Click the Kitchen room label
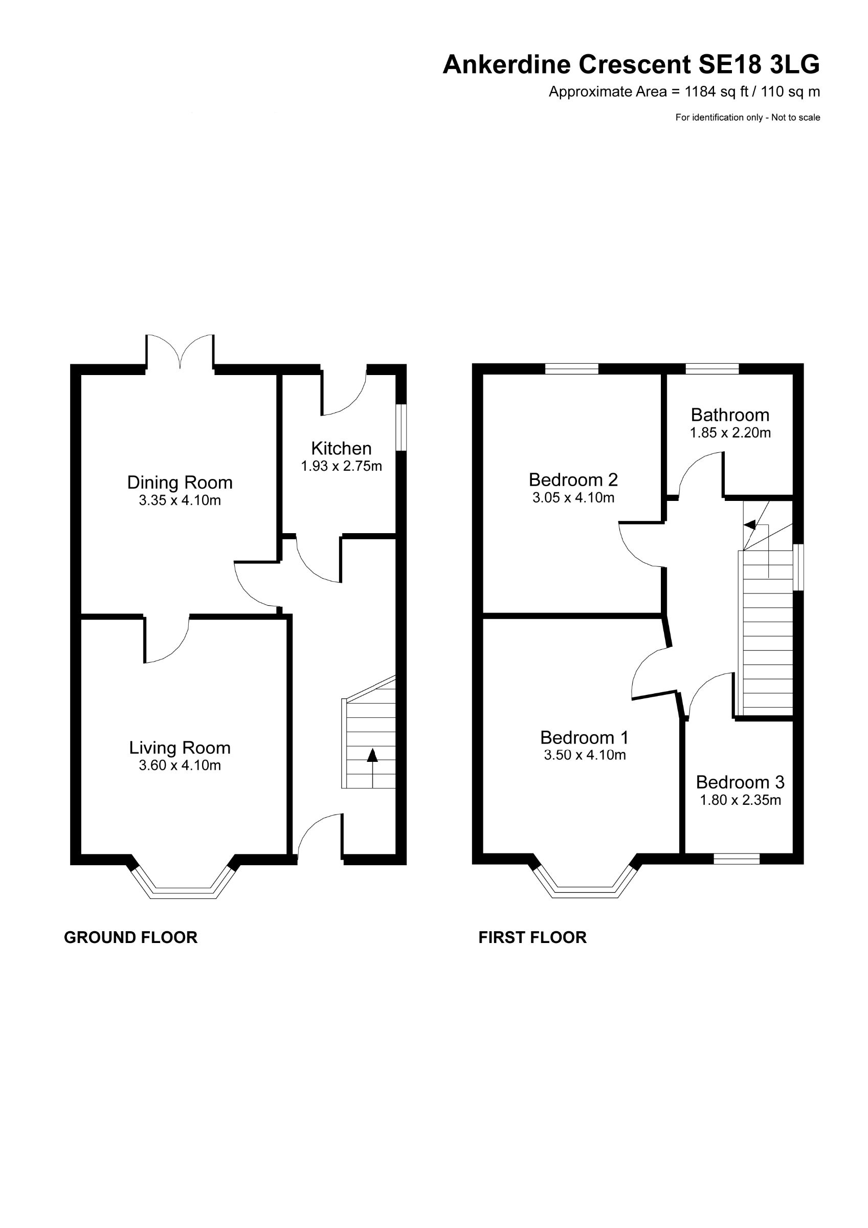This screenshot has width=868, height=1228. pos(341,448)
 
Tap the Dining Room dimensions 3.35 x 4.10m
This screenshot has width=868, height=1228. pos(180,500)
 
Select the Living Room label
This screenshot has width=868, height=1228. pos(180,748)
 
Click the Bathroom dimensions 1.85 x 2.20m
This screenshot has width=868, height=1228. pos(730,433)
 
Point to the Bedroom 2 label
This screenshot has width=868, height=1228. pos(573,479)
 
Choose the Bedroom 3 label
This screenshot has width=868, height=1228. pos(740,782)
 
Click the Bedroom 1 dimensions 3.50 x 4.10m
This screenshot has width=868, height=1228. pos(585,755)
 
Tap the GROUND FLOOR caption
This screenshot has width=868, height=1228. pos(130,937)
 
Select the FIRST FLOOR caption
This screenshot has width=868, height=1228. pos(532,937)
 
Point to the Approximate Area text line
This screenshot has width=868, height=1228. pos(684,92)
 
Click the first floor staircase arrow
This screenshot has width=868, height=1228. pos(751,524)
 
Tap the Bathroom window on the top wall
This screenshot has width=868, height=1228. pos(712,368)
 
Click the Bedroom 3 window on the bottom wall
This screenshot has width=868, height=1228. pos(737,859)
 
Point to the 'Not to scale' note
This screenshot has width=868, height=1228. pos(795,118)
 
